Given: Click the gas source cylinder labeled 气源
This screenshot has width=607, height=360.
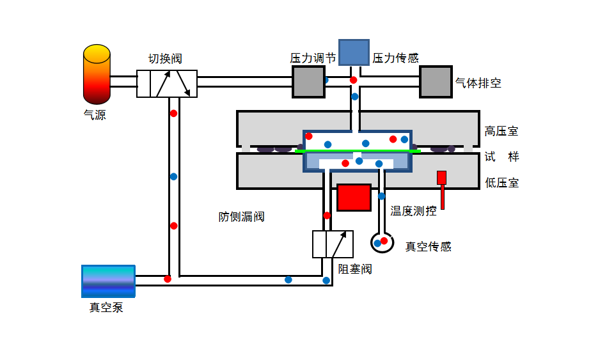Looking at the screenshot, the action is pos(97,74).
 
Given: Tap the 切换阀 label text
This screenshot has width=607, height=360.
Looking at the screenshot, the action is pos(165,59).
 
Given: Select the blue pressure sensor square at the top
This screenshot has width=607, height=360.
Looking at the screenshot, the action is pos(354,52).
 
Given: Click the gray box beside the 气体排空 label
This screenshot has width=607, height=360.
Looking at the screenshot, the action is pos(436,82).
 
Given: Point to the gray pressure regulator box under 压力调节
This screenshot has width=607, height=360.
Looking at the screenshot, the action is pos(308,82).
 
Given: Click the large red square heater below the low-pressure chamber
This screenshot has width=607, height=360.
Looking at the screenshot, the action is pos(354,198).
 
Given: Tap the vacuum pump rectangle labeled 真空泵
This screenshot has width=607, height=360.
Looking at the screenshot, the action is pos(108,281).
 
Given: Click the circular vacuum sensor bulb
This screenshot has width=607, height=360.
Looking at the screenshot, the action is pos(382,243).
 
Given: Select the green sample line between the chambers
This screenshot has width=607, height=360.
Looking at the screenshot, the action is pos(358,151).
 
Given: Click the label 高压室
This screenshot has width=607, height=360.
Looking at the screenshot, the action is pos(501,131).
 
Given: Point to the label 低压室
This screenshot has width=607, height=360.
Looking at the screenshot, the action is pos(501,183).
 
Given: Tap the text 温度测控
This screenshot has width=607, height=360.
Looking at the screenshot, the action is pos(413,211).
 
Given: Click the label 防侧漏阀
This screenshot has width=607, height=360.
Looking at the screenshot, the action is pos(242,217).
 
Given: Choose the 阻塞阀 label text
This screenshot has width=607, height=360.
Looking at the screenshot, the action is pos(355,269).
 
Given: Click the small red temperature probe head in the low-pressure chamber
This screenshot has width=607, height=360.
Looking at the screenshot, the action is pos(442,178).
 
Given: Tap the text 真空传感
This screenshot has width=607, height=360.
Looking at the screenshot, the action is pos(429,247).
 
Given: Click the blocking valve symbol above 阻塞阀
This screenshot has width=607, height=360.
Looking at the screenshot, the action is pos(333,244).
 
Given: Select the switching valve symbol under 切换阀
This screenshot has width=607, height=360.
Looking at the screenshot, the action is pos(167,84).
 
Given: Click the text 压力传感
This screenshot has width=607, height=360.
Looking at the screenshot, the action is pos(396,58).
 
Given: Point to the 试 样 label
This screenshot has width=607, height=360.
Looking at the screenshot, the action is pos(501,157).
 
